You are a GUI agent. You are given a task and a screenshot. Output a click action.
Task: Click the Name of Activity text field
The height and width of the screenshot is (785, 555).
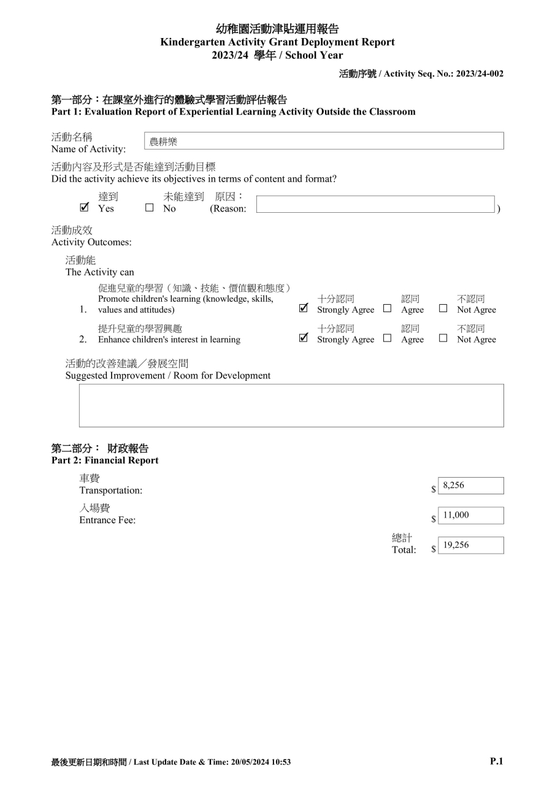pos(324,141)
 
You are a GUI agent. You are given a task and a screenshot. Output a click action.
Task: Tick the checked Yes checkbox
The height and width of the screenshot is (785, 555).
pos(84,208)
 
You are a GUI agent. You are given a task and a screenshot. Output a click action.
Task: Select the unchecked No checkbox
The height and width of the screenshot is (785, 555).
pos(149,208)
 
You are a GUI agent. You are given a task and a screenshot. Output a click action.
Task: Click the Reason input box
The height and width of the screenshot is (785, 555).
pos(375,204)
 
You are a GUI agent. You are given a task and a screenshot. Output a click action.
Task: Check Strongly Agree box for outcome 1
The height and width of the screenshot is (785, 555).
pos(303,308)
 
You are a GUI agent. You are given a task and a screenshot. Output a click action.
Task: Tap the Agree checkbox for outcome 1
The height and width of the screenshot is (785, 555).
pos(387,308)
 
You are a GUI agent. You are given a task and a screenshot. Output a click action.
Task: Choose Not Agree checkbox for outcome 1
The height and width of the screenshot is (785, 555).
pos(443,308)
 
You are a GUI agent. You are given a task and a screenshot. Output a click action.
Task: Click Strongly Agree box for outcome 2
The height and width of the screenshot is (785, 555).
pos(303,338)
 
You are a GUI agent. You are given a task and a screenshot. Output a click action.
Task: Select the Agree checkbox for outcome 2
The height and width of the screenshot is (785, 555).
pos(387,338)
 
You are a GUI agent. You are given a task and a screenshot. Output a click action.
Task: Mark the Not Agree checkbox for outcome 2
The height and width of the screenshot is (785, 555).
pos(443,338)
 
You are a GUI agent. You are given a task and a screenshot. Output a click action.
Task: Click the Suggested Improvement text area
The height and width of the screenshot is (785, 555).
pos(291,405)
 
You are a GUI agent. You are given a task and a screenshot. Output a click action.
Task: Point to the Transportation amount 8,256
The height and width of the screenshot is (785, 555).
pos(454,486)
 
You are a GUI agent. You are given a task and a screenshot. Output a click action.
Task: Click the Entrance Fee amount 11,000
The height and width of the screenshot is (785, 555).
pos(456,515)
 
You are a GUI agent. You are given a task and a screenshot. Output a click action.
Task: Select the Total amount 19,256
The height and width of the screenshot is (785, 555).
pos(456,545)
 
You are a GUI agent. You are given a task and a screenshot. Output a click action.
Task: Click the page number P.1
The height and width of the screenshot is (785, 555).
pos(496,761)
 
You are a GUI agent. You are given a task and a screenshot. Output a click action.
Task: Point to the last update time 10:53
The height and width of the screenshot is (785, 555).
pos(279,762)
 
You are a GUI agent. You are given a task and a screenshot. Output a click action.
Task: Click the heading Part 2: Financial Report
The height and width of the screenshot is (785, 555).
pos(105,461)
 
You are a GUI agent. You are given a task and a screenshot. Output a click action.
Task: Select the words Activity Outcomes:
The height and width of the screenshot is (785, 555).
pos(91,242)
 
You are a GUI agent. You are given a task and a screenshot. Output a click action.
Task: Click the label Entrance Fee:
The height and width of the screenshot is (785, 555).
pos(107,520)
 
